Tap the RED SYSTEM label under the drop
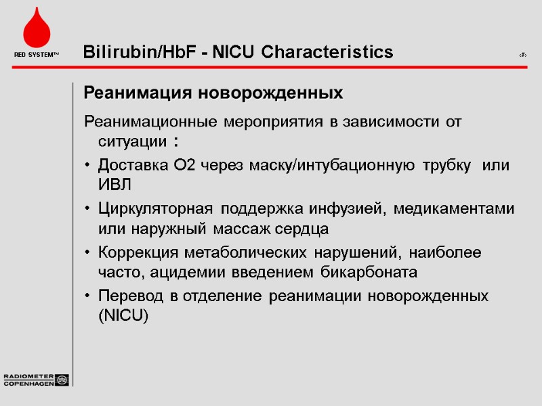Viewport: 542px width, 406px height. point(36,54)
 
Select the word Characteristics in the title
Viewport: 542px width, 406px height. point(327,52)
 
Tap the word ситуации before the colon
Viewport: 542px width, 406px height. point(132,143)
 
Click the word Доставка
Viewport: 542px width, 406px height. point(129,166)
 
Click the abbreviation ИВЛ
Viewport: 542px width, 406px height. point(114,185)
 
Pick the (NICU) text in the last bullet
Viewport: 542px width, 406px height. point(123,316)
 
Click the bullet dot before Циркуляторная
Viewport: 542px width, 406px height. point(88,208)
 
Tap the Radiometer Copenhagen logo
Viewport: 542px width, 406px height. point(36,380)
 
